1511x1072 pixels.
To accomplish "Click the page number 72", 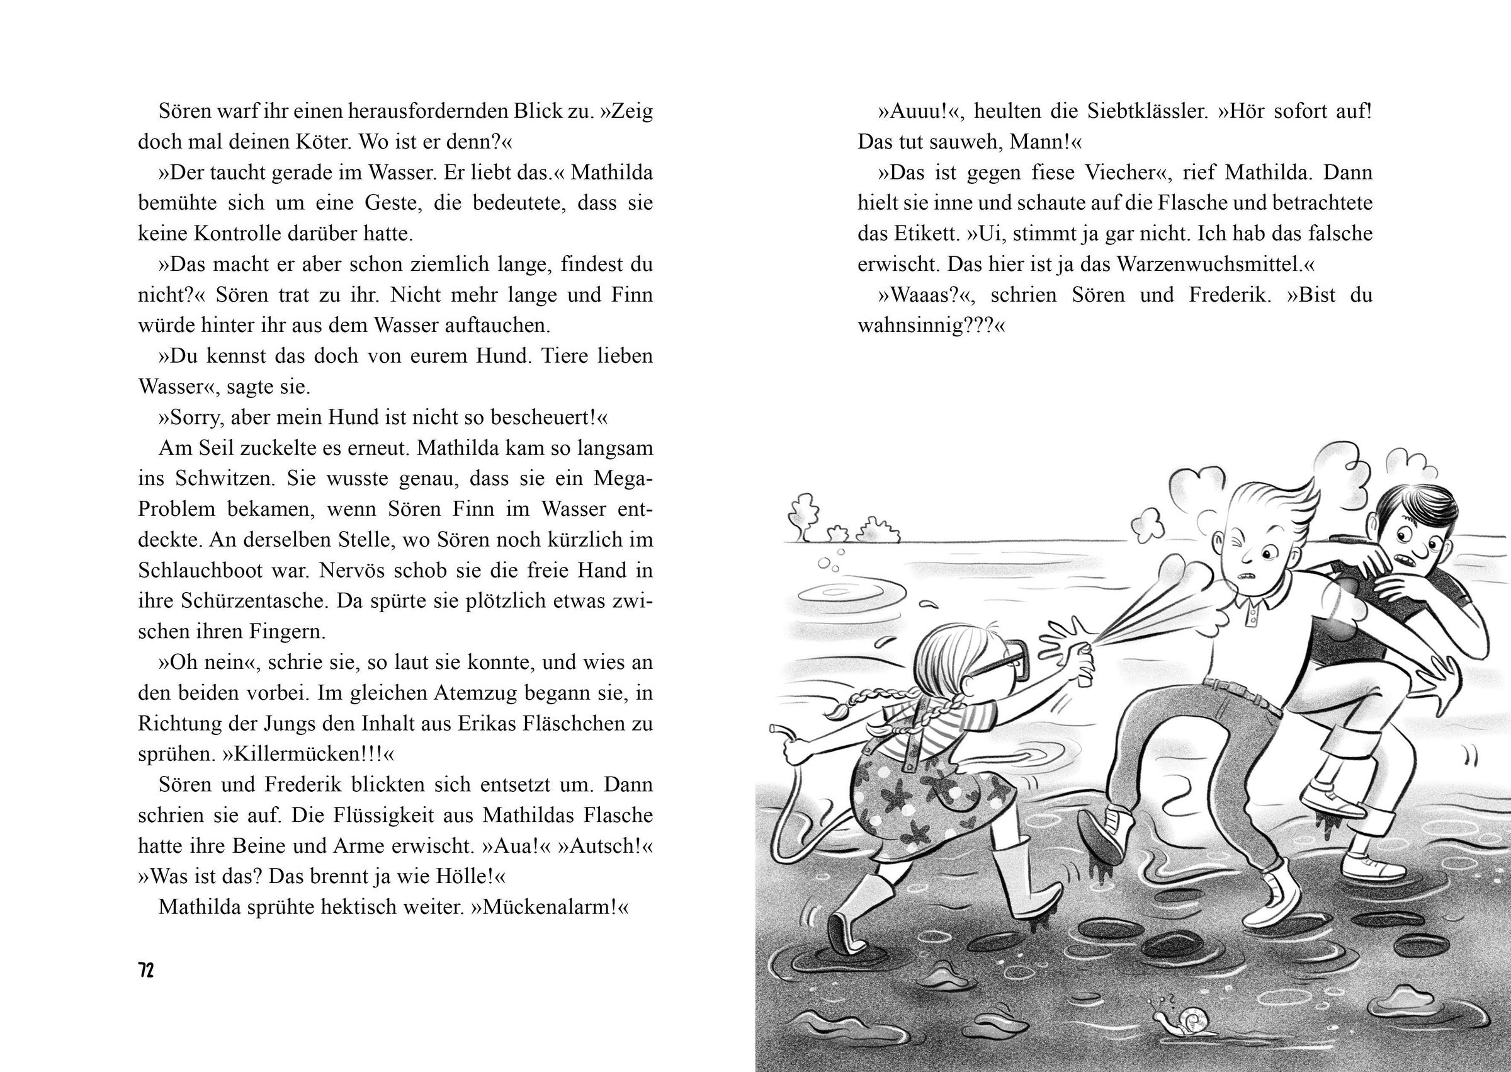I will (x=146, y=971).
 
